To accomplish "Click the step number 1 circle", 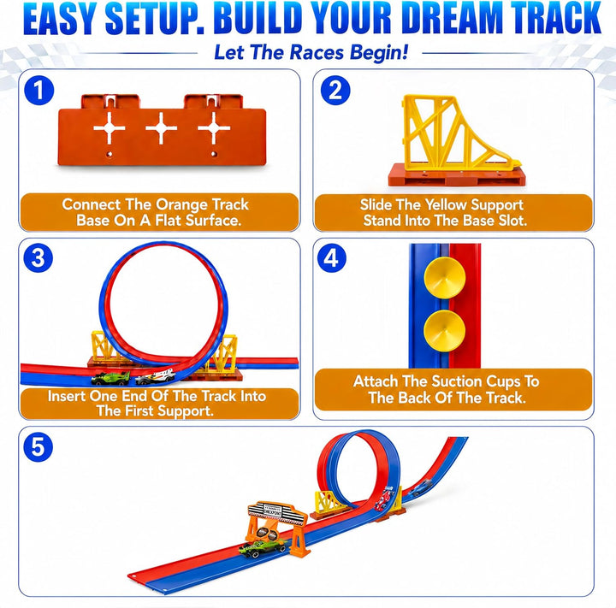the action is coord(38,91).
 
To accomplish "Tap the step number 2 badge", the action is coord(335,91).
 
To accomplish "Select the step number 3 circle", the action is coord(38,258).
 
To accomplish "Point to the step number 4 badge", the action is coord(332,258).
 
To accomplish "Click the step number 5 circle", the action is coord(38,447).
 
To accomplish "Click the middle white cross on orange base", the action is coord(161,128).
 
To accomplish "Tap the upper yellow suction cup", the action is coord(445,278).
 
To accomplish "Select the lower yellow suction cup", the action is coord(444,331).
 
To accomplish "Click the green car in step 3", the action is coord(110,378).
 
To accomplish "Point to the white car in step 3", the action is coord(155,377).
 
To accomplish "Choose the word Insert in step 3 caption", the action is coord(67,396).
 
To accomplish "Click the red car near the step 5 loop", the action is coord(385,499).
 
